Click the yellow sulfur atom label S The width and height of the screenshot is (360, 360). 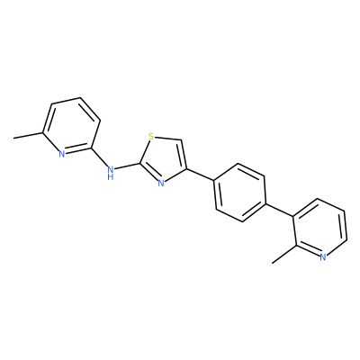click(x=151, y=137)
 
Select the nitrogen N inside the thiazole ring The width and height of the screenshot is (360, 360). click(x=161, y=183)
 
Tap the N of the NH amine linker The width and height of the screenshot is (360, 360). click(x=111, y=169)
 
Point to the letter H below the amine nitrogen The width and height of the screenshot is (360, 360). click(x=111, y=176)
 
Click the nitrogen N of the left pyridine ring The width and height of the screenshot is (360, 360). click(x=62, y=154)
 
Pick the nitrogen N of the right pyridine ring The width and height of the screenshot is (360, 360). click(x=323, y=257)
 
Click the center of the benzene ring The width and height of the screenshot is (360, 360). click(x=240, y=193)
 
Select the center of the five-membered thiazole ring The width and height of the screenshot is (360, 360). click(x=164, y=160)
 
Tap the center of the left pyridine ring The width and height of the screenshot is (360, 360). click(x=71, y=126)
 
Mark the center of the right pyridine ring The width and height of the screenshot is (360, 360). click(x=320, y=228)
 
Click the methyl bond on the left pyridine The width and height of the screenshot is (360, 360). click(x=28, y=135)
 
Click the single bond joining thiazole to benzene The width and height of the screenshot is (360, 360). click(x=200, y=175)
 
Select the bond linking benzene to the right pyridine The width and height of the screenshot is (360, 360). click(x=280, y=210)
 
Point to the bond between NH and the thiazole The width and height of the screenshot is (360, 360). click(x=127, y=166)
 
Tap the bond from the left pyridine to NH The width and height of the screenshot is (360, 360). click(x=99, y=157)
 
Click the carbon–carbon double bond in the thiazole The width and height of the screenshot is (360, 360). click(x=183, y=154)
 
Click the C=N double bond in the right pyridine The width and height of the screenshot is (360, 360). click(x=308, y=250)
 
